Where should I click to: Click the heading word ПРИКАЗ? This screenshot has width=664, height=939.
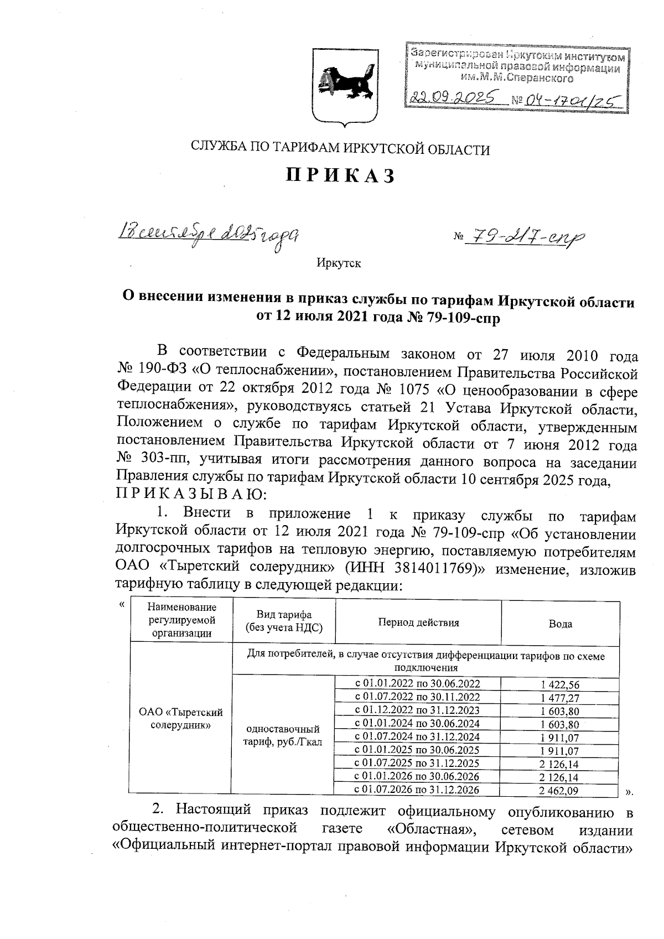coord(341,176)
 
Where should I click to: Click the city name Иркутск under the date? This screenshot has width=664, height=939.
coord(339,263)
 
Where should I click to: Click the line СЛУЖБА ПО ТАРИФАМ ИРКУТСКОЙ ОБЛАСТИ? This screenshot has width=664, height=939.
coord(340,148)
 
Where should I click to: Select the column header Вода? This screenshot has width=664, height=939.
coord(560,624)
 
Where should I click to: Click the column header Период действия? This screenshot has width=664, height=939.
coord(418,622)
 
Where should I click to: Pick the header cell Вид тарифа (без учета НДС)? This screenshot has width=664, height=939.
coord(284,621)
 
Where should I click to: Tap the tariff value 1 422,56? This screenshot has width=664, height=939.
coord(560,684)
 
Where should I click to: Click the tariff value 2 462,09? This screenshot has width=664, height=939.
coord(560,791)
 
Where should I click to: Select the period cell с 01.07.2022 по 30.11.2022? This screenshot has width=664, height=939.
coord(417,697)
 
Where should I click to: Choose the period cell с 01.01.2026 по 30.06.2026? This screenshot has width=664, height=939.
coord(417,777)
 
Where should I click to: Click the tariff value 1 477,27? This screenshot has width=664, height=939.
coord(560,698)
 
